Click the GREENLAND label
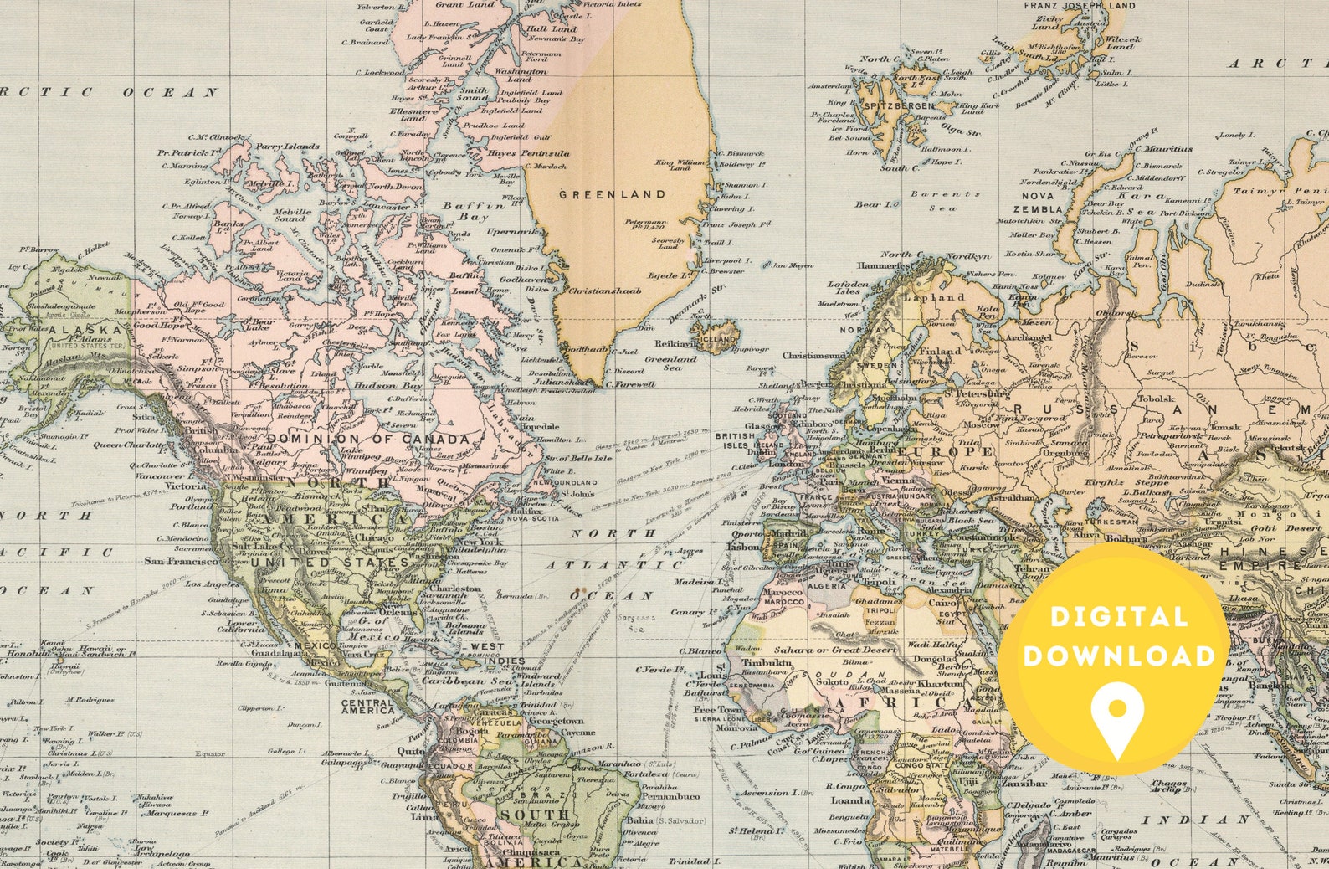click(x=612, y=194)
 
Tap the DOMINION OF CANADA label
click(x=368, y=439)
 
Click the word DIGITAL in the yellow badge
click(x=1119, y=618)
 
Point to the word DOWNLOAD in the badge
click(x=1119, y=656)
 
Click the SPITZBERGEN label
click(x=899, y=106)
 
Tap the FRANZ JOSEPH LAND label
click(x=1080, y=6)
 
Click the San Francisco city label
click(x=181, y=561)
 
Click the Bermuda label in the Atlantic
click(x=514, y=595)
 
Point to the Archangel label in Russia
click(x=1026, y=337)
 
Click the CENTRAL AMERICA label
click(x=367, y=707)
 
